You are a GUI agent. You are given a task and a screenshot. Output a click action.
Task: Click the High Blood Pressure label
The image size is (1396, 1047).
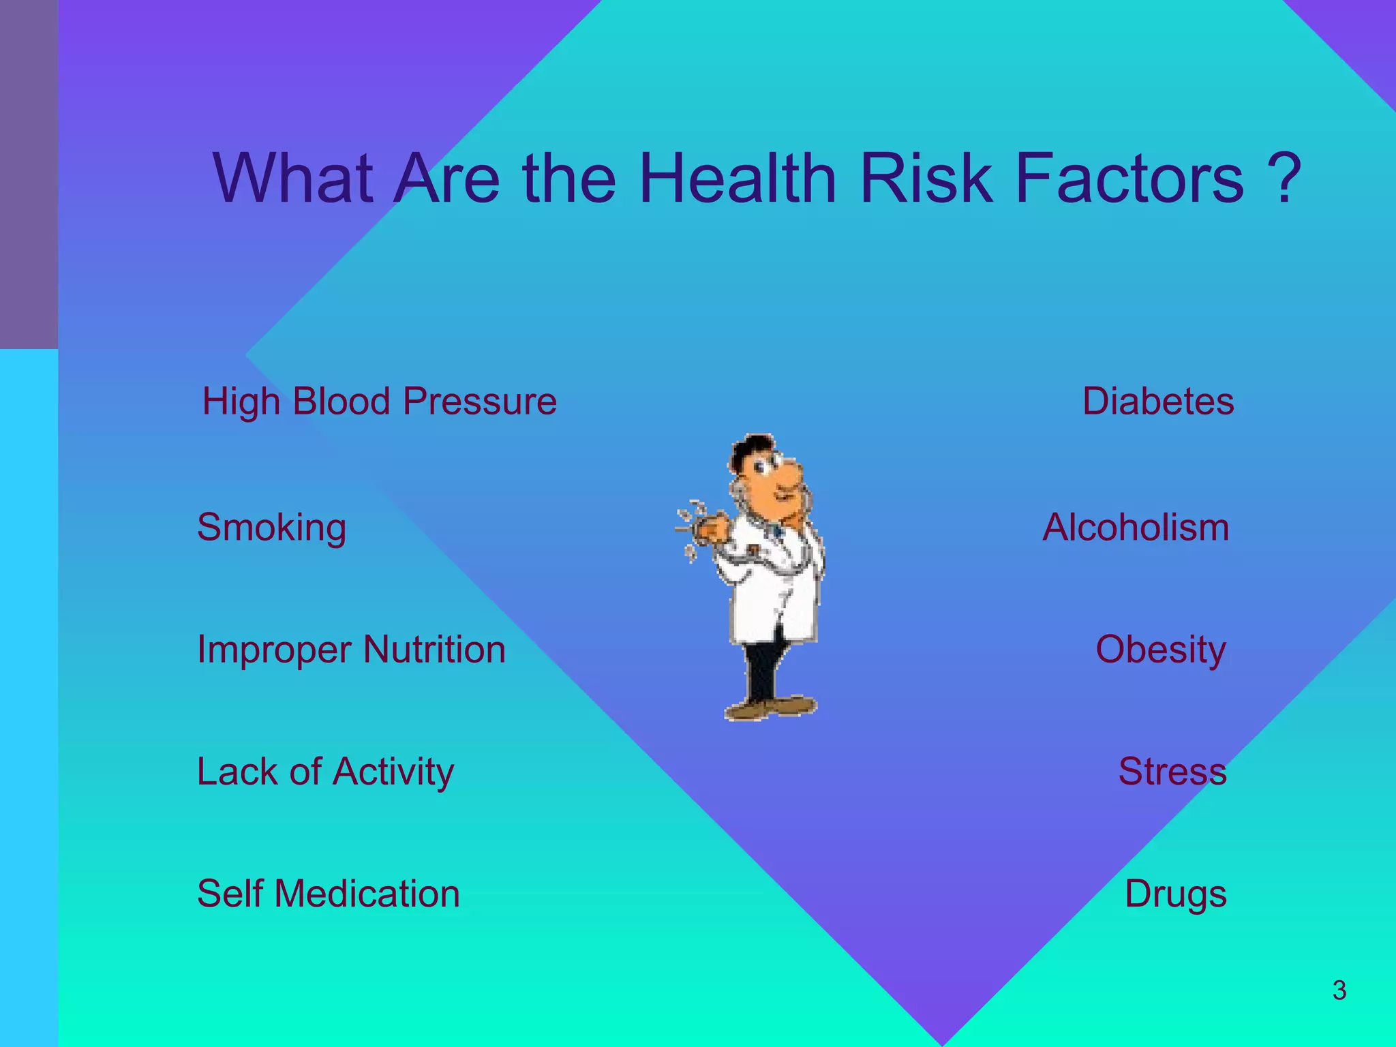(x=380, y=401)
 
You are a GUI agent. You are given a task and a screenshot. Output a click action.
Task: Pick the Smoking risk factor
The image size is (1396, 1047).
(x=271, y=528)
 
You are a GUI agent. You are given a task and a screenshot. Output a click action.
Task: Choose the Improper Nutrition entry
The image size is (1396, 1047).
(x=351, y=649)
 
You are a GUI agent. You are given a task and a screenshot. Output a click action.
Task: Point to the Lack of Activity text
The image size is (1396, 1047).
(x=325, y=772)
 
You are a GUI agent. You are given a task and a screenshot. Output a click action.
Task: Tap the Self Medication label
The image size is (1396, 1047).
(x=329, y=894)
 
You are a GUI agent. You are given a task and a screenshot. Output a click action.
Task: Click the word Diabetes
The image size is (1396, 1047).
(x=1158, y=401)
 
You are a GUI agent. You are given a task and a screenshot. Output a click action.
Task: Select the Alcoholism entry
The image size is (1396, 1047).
(x=1136, y=528)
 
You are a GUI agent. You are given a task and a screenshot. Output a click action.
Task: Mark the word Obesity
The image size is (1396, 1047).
(x=1160, y=649)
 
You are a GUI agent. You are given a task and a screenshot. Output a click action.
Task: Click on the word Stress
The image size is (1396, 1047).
(x=1172, y=772)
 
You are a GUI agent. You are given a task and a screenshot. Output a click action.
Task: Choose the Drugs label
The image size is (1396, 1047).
(x=1175, y=894)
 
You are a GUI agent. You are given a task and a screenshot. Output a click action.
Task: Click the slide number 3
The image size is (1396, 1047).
(x=1339, y=990)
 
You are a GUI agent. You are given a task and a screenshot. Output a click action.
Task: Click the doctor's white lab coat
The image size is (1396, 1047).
(x=777, y=600)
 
